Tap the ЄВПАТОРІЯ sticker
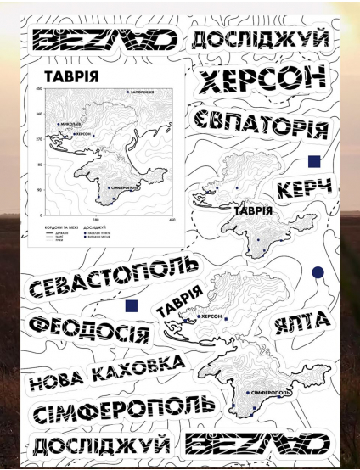click(260, 125)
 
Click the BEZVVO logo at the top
click(104, 40)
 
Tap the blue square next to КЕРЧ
click(313, 160)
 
